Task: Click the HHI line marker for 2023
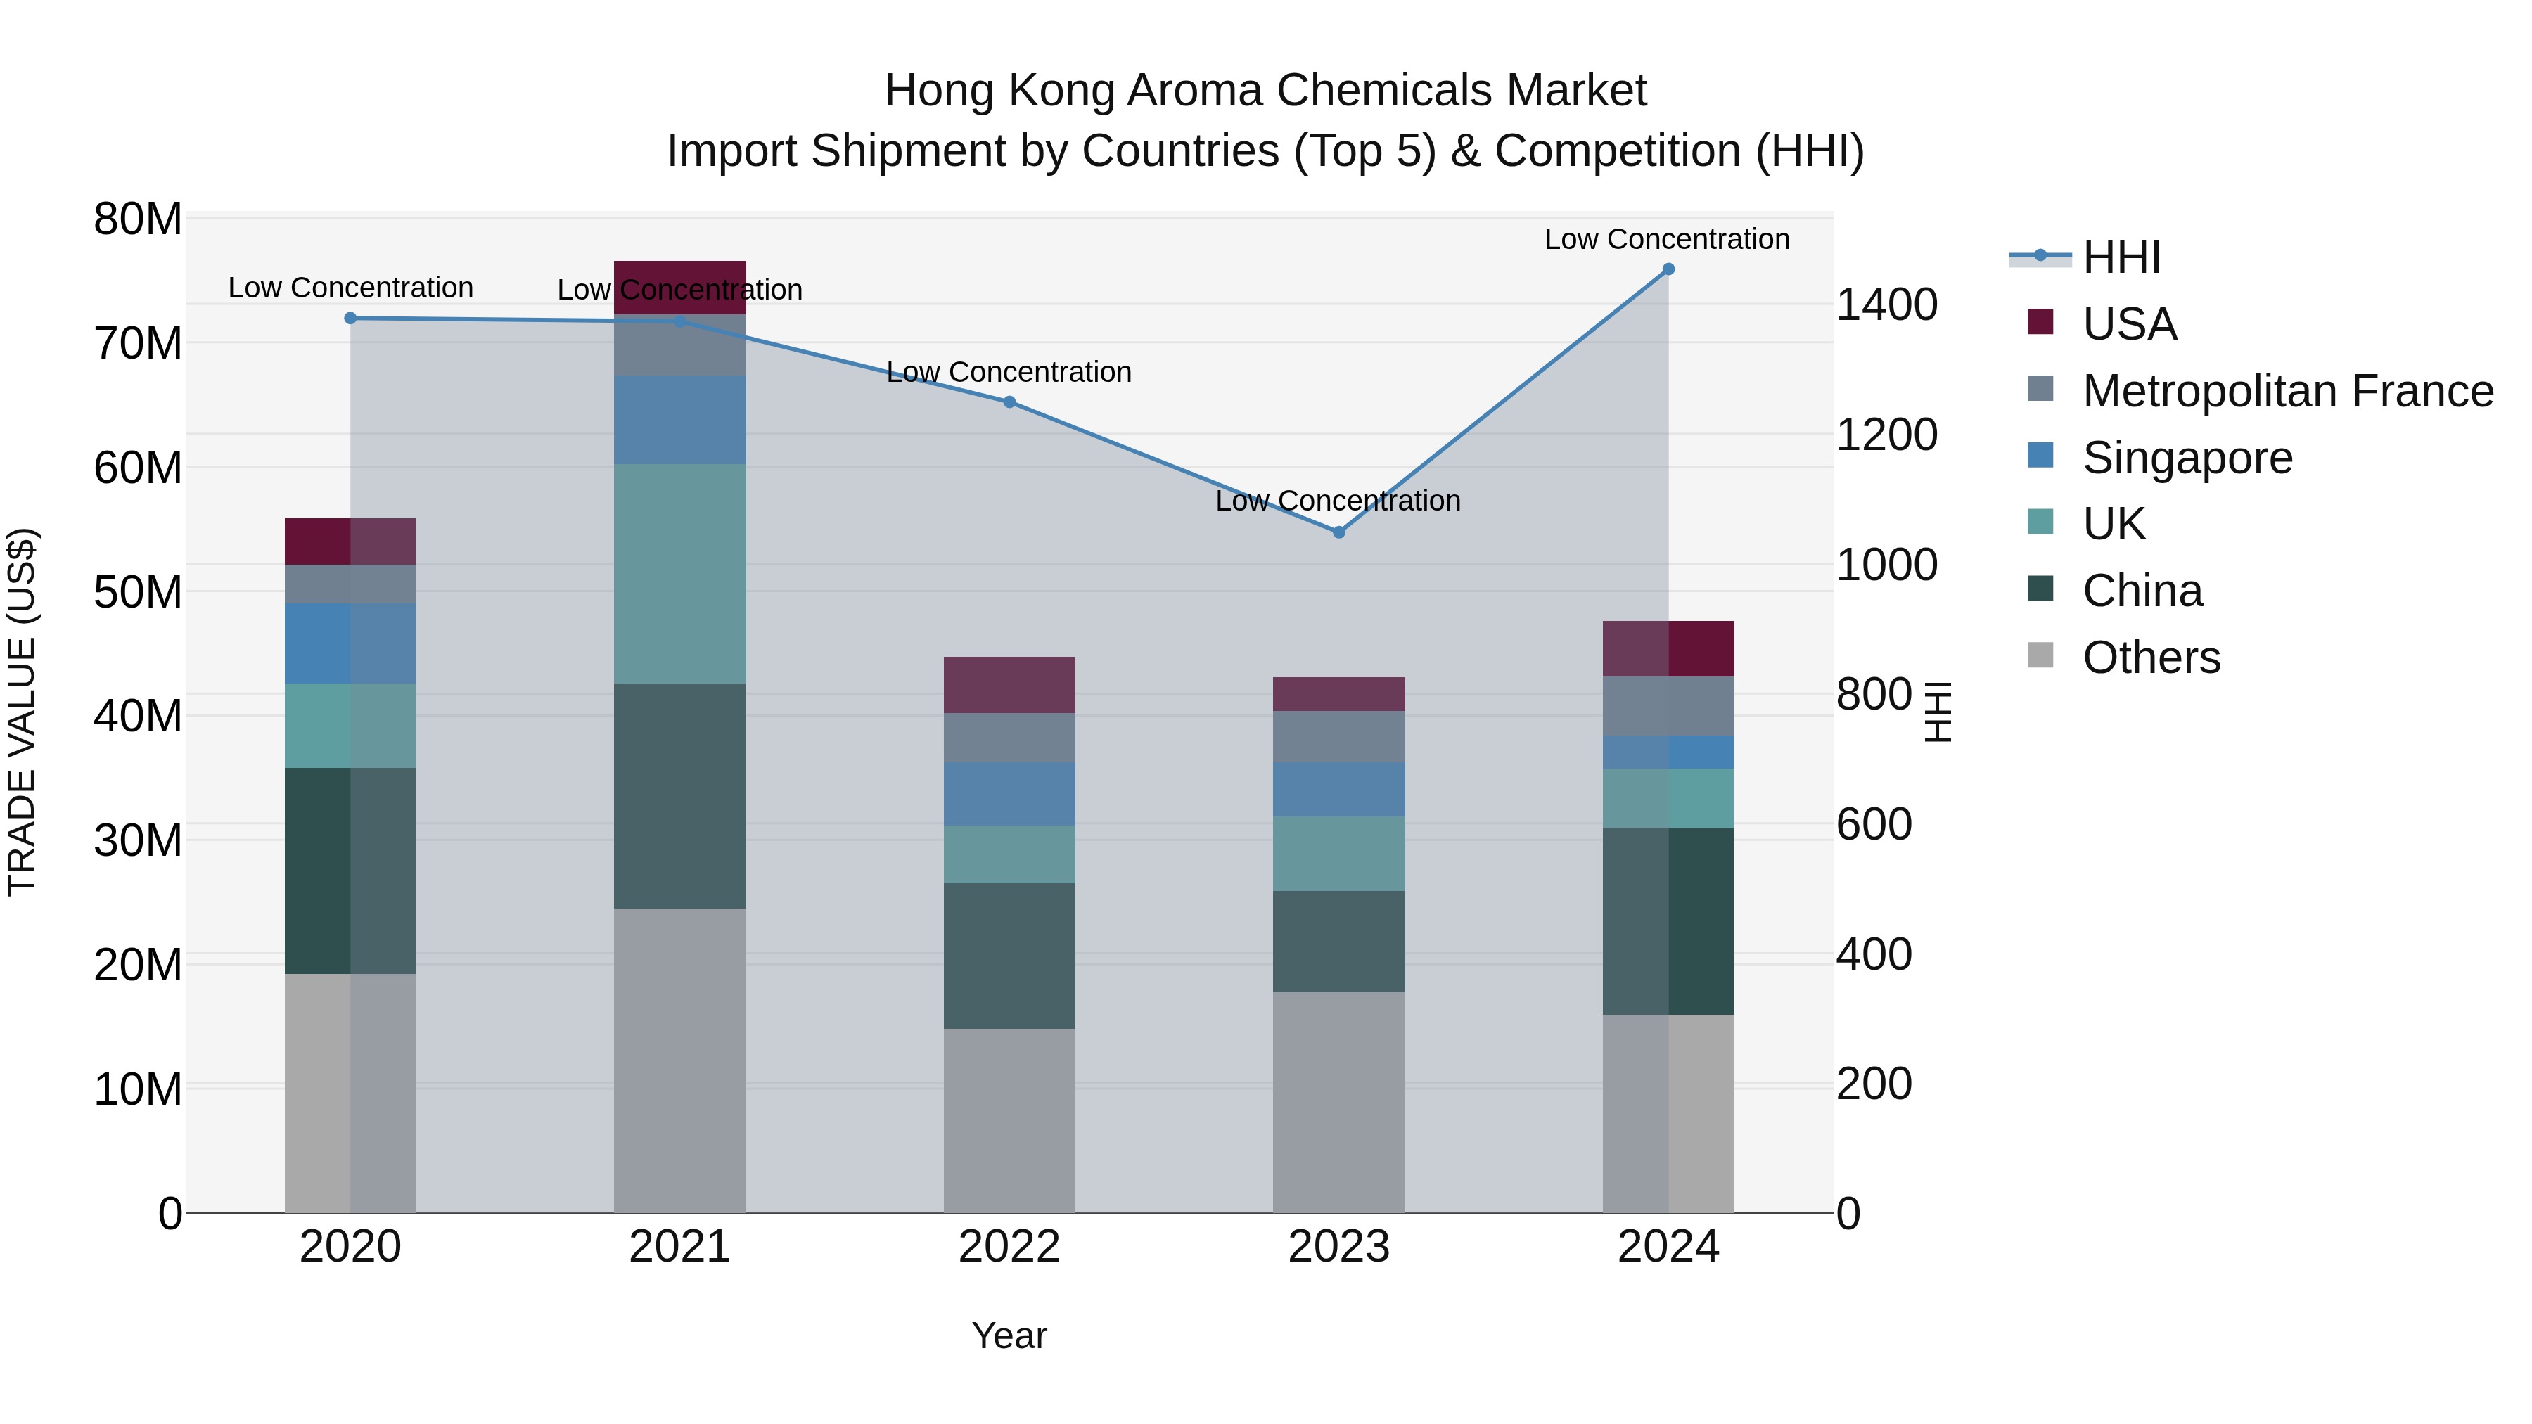click(x=1338, y=532)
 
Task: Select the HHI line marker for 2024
click(x=1668, y=269)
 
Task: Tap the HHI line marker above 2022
click(x=1009, y=402)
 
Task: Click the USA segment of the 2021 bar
click(x=679, y=287)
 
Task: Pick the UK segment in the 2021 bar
click(x=679, y=573)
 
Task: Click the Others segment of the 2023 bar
click(x=1338, y=1102)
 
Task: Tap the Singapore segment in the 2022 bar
click(x=1009, y=793)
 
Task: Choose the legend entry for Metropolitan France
click(x=2287, y=391)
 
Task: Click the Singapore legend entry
click(x=2187, y=458)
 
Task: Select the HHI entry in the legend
click(x=2121, y=257)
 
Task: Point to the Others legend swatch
click(x=2040, y=655)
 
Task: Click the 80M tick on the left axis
click(x=138, y=219)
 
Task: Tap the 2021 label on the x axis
click(x=679, y=1247)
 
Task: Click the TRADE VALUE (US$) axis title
click(x=22, y=712)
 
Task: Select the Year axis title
click(x=1009, y=1335)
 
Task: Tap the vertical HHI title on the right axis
click(x=1936, y=712)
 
